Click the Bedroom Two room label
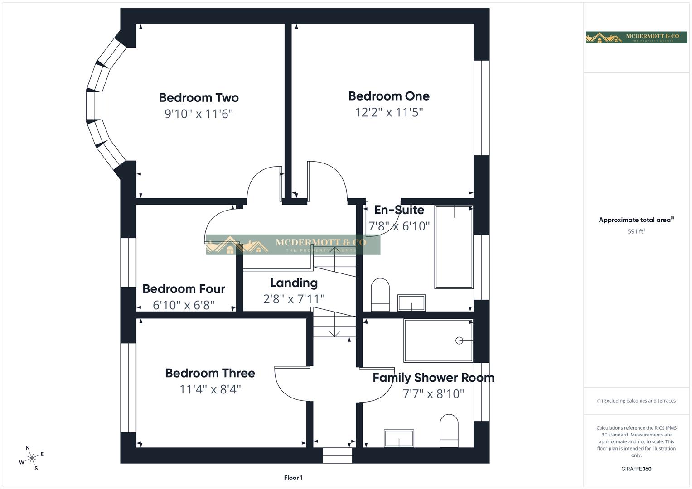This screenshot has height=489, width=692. click(x=198, y=97)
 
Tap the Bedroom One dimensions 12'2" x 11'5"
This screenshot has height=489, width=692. click(x=389, y=112)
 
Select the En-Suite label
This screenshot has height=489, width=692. click(x=399, y=210)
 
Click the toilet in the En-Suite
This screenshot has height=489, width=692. click(x=380, y=295)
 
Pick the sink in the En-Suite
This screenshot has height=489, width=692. click(x=411, y=303)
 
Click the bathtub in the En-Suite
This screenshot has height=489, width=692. click(x=454, y=247)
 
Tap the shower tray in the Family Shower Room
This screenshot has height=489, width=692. click(x=438, y=340)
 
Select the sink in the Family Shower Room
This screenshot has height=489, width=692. click(x=399, y=439)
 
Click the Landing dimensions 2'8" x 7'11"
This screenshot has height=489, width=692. click(x=294, y=299)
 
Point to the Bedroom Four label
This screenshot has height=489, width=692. click(x=184, y=289)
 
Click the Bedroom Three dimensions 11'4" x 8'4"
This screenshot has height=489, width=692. click(x=210, y=389)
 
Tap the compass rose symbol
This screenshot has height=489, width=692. click(x=31, y=458)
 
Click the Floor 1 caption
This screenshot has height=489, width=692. click(x=293, y=478)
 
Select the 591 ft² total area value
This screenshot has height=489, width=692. click(x=636, y=231)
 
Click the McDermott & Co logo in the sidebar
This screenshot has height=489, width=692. click(x=636, y=38)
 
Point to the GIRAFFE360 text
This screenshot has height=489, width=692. click(x=636, y=469)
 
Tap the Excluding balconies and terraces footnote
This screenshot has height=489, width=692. click(x=636, y=401)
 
